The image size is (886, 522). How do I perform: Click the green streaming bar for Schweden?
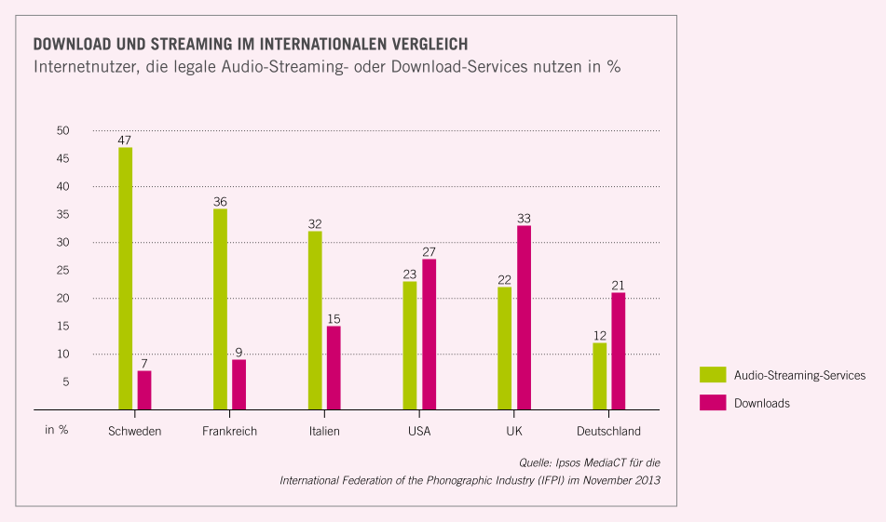(126, 278)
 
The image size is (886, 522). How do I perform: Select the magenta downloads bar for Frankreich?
(239, 384)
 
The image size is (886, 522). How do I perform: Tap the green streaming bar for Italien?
(315, 320)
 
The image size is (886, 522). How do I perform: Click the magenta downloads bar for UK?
(524, 317)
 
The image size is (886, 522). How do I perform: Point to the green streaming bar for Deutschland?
(599, 376)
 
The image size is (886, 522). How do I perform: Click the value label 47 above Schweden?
(125, 140)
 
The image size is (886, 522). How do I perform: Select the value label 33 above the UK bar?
(524, 218)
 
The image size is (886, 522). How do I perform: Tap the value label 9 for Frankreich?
(239, 352)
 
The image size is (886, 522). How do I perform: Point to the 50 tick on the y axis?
(62, 130)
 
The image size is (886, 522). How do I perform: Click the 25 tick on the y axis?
(62, 270)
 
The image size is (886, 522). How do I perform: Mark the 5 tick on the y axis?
(65, 381)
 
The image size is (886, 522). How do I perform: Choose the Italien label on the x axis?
(324, 431)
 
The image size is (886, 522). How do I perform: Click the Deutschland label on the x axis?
(608, 431)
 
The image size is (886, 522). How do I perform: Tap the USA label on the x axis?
(419, 431)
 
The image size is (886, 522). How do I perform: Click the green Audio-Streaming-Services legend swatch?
(713, 375)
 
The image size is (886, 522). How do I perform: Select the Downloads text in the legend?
(762, 403)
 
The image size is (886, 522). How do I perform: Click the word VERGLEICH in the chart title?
(422, 44)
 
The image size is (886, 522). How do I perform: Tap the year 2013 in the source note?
(645, 480)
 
